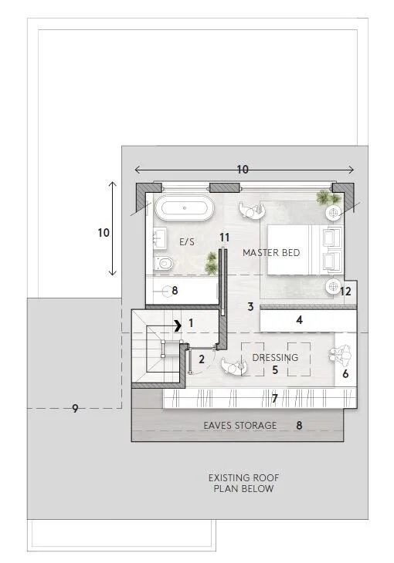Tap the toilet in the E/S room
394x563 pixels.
(x=162, y=264)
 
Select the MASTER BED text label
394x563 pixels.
(x=270, y=253)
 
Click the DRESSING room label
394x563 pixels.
(x=275, y=358)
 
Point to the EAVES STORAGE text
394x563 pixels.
(x=239, y=425)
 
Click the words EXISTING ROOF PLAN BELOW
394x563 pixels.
(x=243, y=483)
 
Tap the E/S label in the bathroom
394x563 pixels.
(x=186, y=241)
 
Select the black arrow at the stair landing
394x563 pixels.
(x=178, y=325)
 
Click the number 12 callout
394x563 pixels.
(x=345, y=291)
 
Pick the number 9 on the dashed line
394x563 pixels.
(x=75, y=408)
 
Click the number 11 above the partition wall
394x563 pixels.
(x=225, y=237)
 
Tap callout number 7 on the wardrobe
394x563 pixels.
(x=273, y=398)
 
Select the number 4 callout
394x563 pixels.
(x=299, y=319)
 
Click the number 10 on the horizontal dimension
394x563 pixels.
(x=243, y=170)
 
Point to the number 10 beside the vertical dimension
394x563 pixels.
(x=104, y=231)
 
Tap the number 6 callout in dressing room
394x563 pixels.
(x=345, y=373)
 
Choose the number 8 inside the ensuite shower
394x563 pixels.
(x=175, y=291)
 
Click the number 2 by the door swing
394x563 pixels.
(x=202, y=359)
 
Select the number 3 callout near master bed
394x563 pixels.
(x=250, y=307)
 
